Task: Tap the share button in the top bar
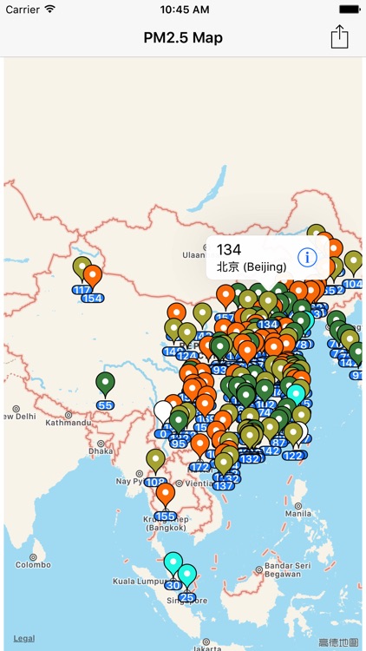coord(339,36)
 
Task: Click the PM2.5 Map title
coord(183,37)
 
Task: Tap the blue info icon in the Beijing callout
coord(307,257)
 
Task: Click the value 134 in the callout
coord(229,250)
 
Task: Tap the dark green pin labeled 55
coord(105,385)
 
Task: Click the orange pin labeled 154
coord(93,278)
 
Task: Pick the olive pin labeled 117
coord(82,269)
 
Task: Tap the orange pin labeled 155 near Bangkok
coord(166,496)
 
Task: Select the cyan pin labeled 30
coord(173,565)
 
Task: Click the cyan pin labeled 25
coord(186,577)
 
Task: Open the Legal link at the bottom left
coord(24,638)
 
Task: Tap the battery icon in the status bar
coord(349,9)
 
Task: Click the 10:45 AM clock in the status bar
coord(183,9)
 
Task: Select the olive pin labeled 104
coord(353,264)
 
